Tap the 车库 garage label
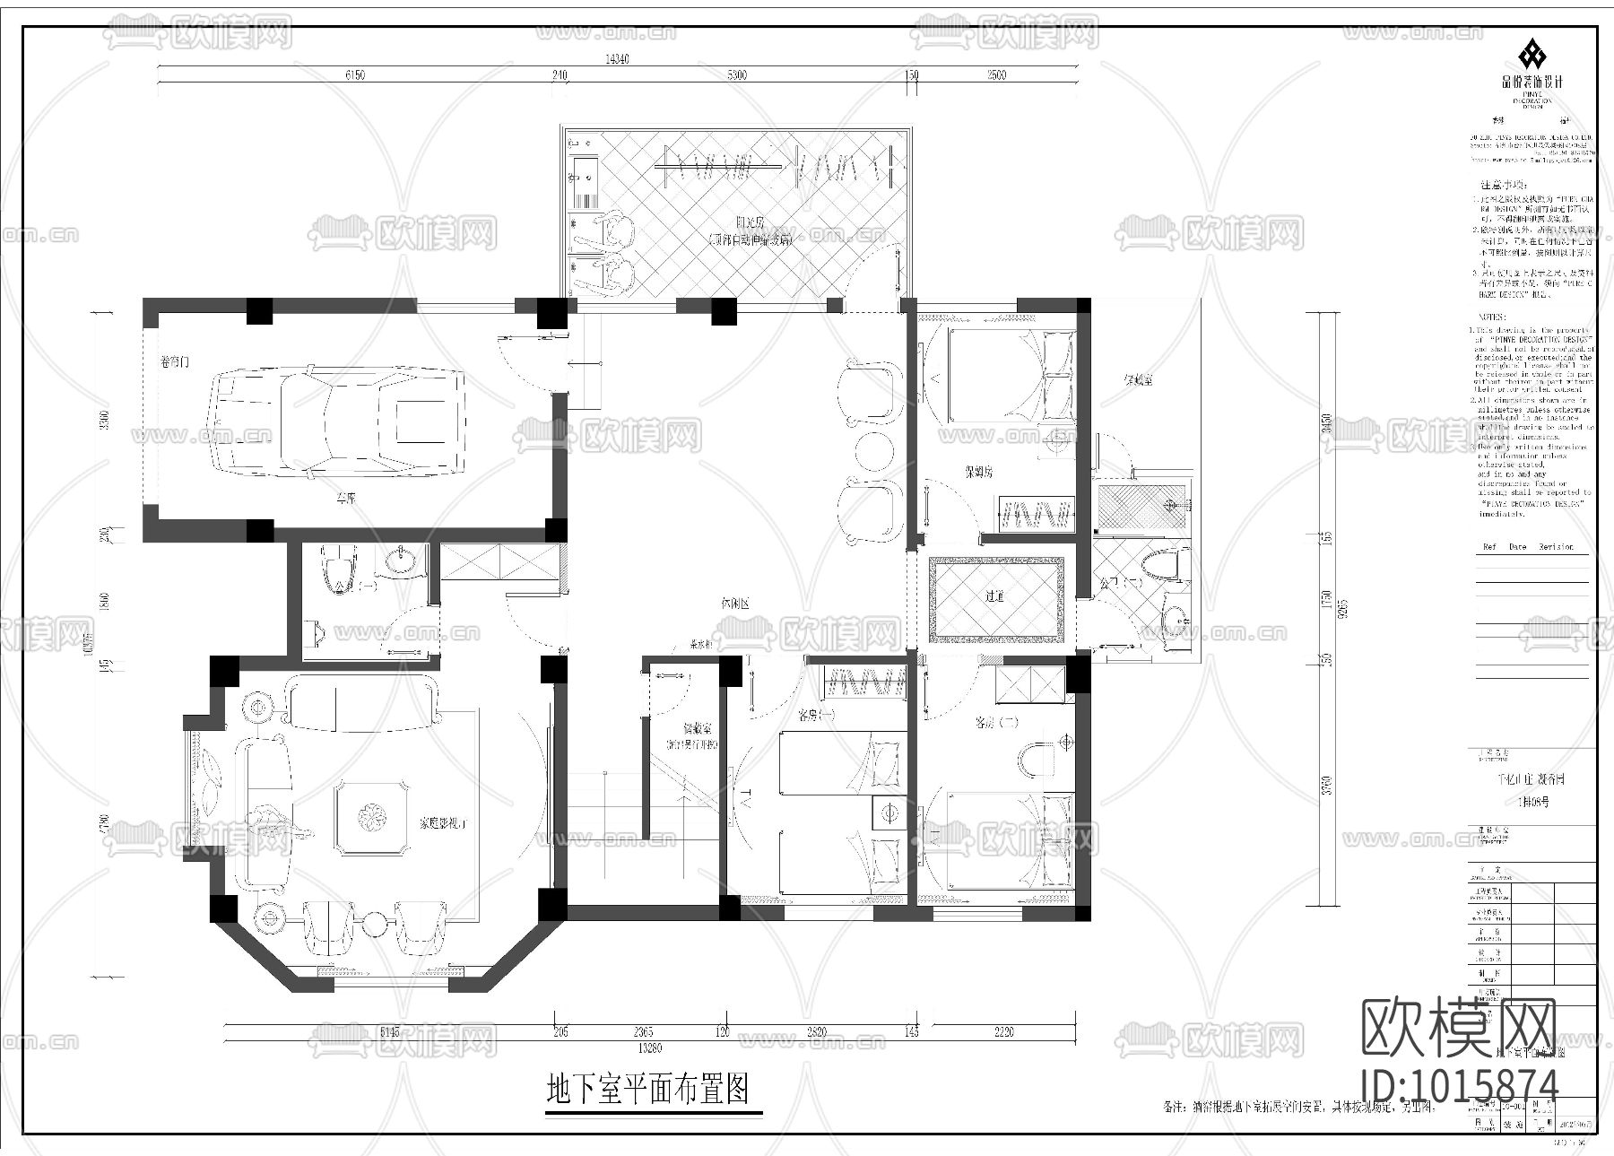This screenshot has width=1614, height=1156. (x=345, y=499)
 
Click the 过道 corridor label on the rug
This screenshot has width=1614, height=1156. (x=995, y=595)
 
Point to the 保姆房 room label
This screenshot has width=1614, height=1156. (x=978, y=470)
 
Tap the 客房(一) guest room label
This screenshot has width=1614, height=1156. (x=816, y=717)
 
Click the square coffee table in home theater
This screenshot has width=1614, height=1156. (x=371, y=817)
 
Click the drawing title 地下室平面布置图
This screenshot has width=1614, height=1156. (x=647, y=1090)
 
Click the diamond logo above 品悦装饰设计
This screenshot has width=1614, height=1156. (x=1532, y=55)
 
